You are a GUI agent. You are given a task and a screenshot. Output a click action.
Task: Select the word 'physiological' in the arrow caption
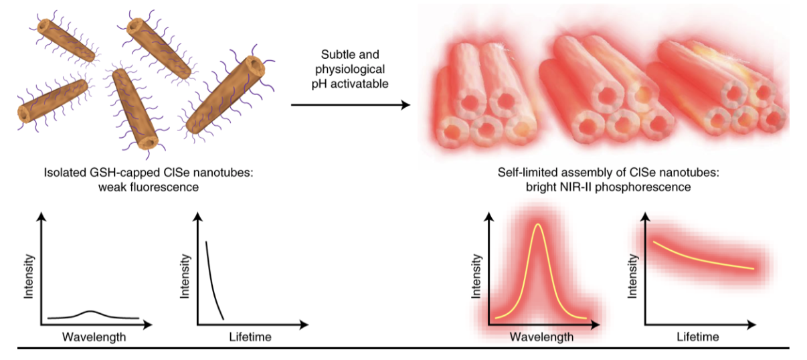(x=350, y=69)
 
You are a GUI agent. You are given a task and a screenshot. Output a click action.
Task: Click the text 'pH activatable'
(x=350, y=84)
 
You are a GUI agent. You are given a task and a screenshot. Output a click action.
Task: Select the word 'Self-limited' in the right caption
(x=528, y=174)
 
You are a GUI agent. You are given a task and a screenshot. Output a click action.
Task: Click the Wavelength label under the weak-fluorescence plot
(x=94, y=337)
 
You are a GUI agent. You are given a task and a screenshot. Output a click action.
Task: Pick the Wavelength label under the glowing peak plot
(x=541, y=337)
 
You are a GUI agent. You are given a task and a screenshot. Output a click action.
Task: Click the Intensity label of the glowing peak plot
(x=476, y=276)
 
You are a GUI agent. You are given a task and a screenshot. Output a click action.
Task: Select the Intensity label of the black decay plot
(x=185, y=276)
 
